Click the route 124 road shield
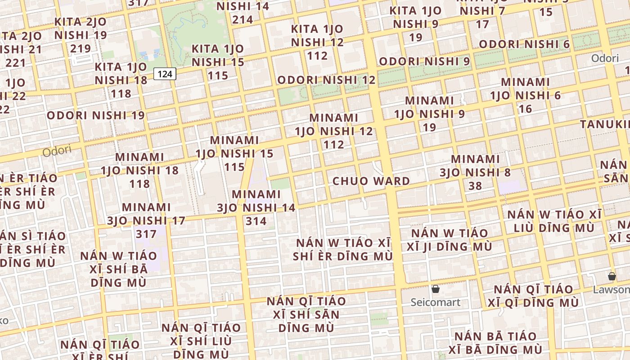[x=165, y=74]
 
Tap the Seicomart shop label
[x=435, y=302]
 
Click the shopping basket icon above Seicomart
[x=435, y=289]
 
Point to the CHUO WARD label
[x=371, y=181]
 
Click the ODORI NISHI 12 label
[x=326, y=80]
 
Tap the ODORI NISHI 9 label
[x=424, y=61]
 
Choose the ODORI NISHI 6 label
[x=524, y=44]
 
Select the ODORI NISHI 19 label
[x=96, y=115]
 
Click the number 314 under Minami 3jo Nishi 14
[x=256, y=221]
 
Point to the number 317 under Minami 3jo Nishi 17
[x=146, y=234]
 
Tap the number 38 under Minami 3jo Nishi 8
[x=475, y=185]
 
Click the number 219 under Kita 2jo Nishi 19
[x=81, y=48]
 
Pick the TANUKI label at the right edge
[x=605, y=124]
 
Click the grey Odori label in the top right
[x=604, y=58]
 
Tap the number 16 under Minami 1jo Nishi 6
[x=525, y=108]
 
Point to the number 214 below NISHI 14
[x=243, y=19]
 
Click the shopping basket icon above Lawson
[x=612, y=276]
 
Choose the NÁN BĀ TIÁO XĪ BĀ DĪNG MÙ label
[x=495, y=343]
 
